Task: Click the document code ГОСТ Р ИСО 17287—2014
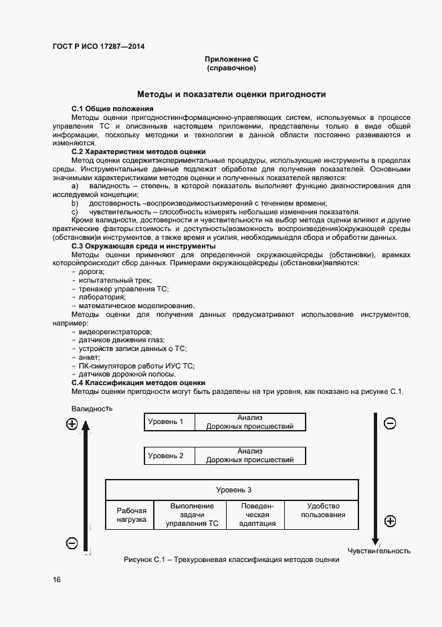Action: tap(98, 46)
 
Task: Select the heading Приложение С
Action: tap(231, 60)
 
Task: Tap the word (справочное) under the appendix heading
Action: tap(231, 68)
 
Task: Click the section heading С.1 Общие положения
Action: tap(112, 109)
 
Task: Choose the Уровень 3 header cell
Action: tap(233, 490)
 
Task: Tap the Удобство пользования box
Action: tap(323, 510)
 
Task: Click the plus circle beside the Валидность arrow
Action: tap(72, 423)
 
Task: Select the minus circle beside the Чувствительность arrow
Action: tap(391, 423)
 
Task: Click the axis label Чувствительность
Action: tap(378, 551)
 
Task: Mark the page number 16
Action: tap(57, 579)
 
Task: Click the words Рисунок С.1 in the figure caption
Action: tap(144, 561)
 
